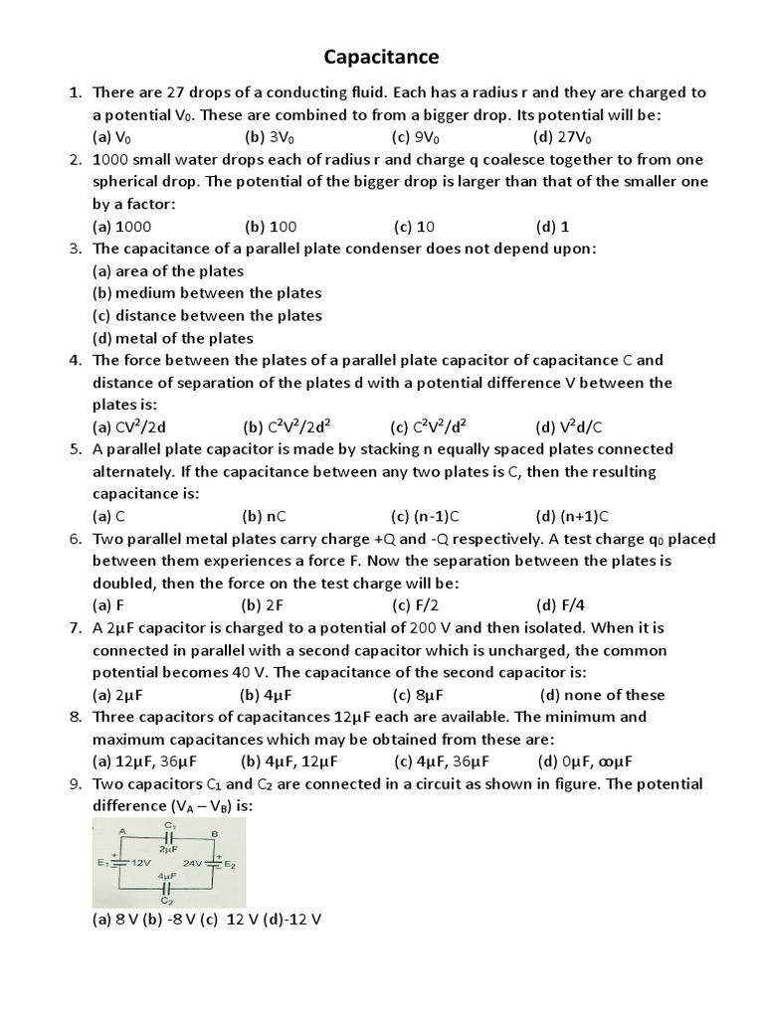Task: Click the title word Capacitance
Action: [x=382, y=57]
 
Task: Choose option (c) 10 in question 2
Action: [x=414, y=227]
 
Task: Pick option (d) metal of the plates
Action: [x=172, y=338]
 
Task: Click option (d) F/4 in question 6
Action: [x=559, y=605]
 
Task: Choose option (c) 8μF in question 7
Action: [x=417, y=695]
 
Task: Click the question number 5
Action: [x=75, y=449]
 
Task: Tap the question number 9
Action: [x=75, y=784]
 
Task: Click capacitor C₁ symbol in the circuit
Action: [x=168, y=837]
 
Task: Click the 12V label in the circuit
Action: [x=140, y=864]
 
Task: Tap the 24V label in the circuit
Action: [x=193, y=864]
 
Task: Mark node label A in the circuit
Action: [x=122, y=830]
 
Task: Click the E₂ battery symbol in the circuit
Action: [x=215, y=863]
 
